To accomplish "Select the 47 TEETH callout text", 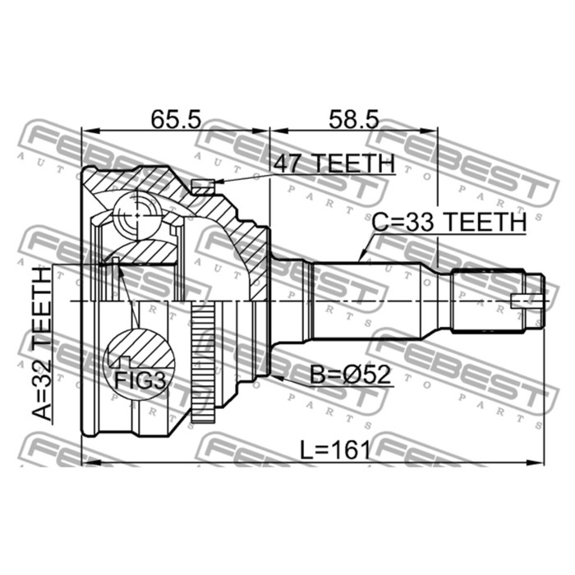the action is (335, 163).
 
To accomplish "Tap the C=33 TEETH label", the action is (448, 222).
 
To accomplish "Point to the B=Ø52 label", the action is (351, 375).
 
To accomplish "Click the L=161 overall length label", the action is (335, 450).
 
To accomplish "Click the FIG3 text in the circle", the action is (140, 380).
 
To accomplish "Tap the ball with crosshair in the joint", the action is (136, 215).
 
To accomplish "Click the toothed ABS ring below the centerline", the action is (203, 363).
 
